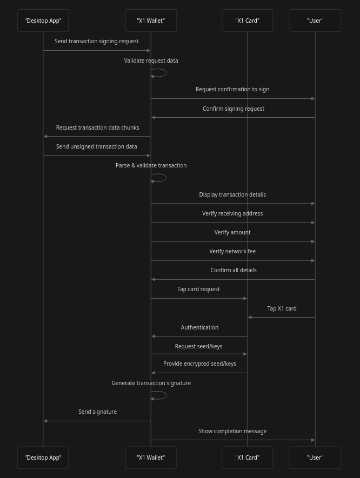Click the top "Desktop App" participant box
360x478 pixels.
tap(43, 21)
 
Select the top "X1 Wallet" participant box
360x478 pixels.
tap(151, 21)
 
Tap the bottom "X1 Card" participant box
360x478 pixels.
tap(247, 457)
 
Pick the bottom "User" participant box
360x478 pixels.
tap(315, 457)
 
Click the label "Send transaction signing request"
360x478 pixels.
tap(96, 41)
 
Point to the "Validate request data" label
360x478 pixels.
tap(151, 60)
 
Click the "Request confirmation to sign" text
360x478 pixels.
tap(232, 89)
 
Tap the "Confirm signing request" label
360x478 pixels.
tap(234, 109)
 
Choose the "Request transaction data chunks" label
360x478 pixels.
tap(97, 127)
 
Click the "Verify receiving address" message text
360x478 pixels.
tap(232, 213)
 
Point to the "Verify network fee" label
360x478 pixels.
tap(232, 251)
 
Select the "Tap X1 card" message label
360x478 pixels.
tap(282, 308)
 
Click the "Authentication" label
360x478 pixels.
tap(199, 327)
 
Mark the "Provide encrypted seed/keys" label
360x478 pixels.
tap(199, 363)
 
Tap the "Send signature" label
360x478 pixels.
tap(97, 412)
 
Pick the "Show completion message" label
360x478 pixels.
tap(232, 431)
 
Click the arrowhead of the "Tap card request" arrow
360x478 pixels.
tap(245, 298)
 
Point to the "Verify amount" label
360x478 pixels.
tap(232, 232)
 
